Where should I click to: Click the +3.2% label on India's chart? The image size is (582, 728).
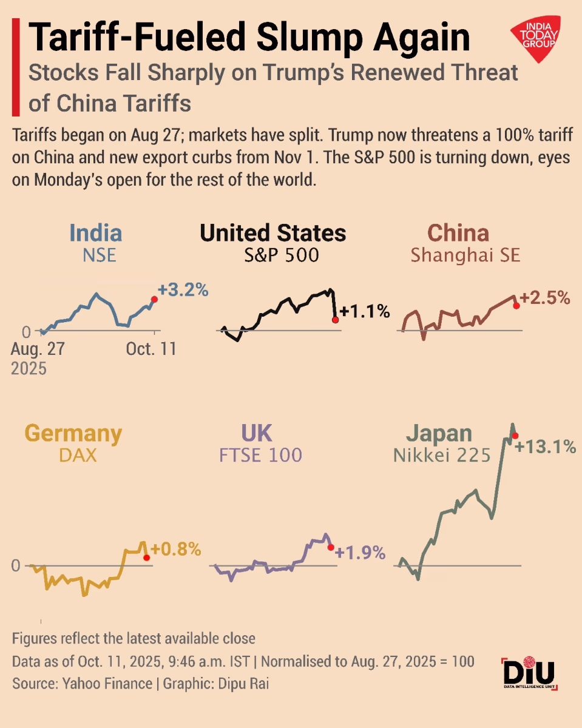click(183, 290)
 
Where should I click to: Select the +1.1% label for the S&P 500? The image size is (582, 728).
click(364, 312)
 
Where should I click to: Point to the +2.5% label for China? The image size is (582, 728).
click(546, 298)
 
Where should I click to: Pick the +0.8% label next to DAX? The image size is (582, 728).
click(175, 550)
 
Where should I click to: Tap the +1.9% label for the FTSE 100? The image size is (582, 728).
click(360, 553)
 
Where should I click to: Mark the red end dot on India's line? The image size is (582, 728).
click(154, 299)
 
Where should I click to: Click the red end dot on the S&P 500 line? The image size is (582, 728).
click(335, 319)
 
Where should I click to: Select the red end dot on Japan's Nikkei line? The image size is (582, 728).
click(515, 436)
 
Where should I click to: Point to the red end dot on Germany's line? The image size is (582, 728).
click(146, 557)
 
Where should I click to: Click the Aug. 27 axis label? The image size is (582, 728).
click(38, 350)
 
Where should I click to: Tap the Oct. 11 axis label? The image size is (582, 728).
click(152, 350)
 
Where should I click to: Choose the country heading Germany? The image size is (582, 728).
click(73, 434)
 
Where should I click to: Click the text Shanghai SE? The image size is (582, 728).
click(465, 255)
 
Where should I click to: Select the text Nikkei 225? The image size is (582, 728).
click(442, 455)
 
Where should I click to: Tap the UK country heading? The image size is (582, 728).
click(256, 434)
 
